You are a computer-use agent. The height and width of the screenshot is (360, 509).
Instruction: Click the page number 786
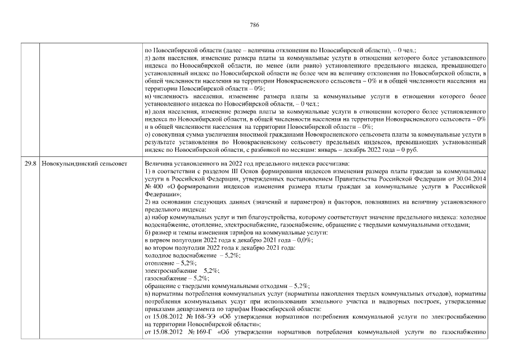coord(254,25)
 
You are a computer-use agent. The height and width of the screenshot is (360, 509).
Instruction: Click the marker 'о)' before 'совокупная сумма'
coord(147,135)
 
